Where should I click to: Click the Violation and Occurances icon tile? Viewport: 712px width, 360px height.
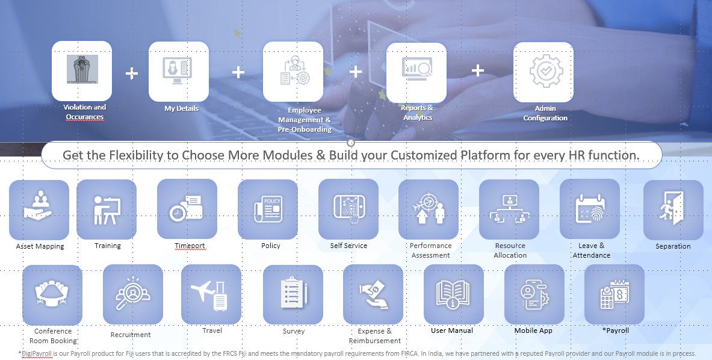pyautogui.click(x=82, y=71)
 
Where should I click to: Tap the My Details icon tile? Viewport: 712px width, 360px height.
pyautogui.click(x=179, y=72)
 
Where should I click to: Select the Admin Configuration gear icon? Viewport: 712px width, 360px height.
pyautogui.click(x=546, y=71)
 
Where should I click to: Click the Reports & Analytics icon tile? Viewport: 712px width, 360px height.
pyautogui.click(x=416, y=73)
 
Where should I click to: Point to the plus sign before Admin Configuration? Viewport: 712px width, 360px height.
pyautogui.click(x=478, y=70)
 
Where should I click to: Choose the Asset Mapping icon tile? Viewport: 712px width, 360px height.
pyautogui.click(x=39, y=209)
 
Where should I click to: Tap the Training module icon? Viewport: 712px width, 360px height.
pyautogui.click(x=107, y=209)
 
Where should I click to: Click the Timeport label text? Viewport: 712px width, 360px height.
pyautogui.click(x=190, y=246)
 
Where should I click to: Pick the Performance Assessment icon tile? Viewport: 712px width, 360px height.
pyautogui.click(x=429, y=209)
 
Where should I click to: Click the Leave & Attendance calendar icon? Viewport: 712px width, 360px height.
pyautogui.click(x=590, y=209)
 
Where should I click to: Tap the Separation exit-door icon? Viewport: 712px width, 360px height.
pyautogui.click(x=672, y=208)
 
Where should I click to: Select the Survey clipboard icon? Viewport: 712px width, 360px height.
pyautogui.click(x=293, y=293)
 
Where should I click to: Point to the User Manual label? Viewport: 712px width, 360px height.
pyautogui.click(x=452, y=331)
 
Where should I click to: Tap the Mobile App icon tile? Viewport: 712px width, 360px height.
pyautogui.click(x=534, y=294)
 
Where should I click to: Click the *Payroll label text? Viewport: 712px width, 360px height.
pyautogui.click(x=616, y=331)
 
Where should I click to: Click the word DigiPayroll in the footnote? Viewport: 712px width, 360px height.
pyautogui.click(x=36, y=353)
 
